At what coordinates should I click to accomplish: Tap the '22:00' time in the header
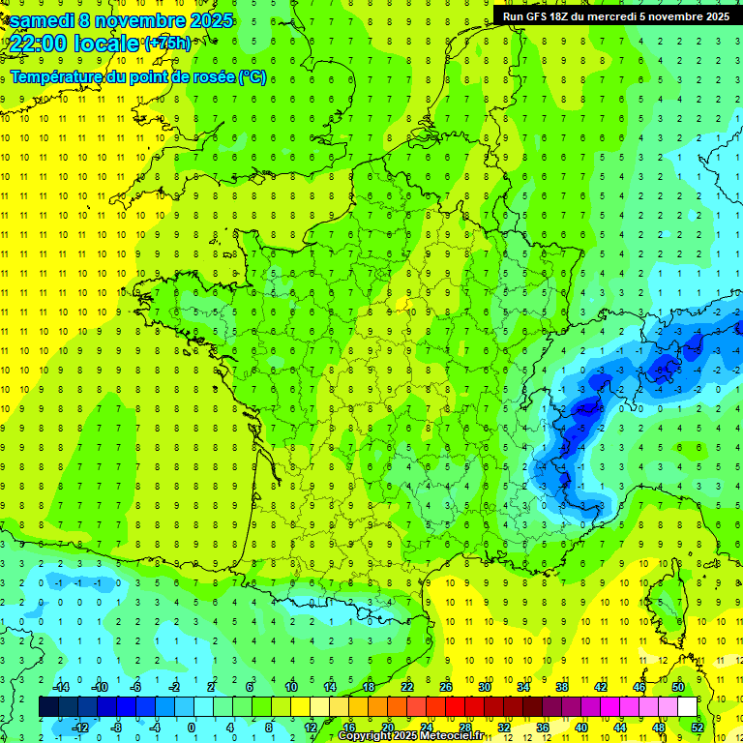(x=38, y=44)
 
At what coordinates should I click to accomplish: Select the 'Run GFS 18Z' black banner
(x=617, y=15)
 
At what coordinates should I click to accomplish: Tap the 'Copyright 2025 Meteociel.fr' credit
(x=411, y=736)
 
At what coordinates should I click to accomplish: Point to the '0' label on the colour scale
(x=192, y=727)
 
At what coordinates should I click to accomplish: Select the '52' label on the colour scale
(x=698, y=727)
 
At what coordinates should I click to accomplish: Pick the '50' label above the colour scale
(x=678, y=686)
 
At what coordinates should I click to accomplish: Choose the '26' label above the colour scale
(x=446, y=686)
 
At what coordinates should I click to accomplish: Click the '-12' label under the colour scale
(x=80, y=727)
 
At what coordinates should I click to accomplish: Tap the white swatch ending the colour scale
(x=687, y=706)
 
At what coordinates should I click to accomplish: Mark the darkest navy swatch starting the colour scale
(x=48, y=706)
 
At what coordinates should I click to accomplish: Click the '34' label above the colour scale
(x=523, y=686)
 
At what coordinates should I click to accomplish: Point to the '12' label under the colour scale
(x=311, y=727)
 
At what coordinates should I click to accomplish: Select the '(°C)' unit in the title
(x=252, y=77)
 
